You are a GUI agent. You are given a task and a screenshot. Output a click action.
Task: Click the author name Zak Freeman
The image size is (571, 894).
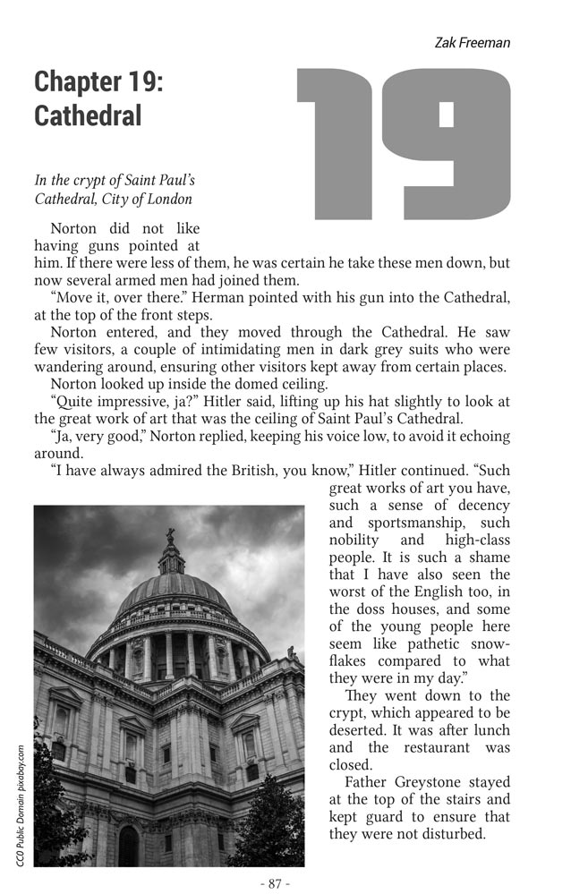coord(472,42)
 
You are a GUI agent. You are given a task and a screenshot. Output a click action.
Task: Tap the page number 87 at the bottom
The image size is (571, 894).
coord(275,883)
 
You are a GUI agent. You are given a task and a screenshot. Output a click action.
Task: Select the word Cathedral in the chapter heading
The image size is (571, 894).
coord(88,115)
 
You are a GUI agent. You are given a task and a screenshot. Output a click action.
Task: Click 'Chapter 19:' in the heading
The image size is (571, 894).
coord(98,81)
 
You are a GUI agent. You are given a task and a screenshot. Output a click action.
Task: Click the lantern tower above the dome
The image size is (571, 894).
coord(170,558)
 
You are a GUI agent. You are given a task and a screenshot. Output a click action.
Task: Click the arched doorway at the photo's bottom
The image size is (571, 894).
coord(129,846)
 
